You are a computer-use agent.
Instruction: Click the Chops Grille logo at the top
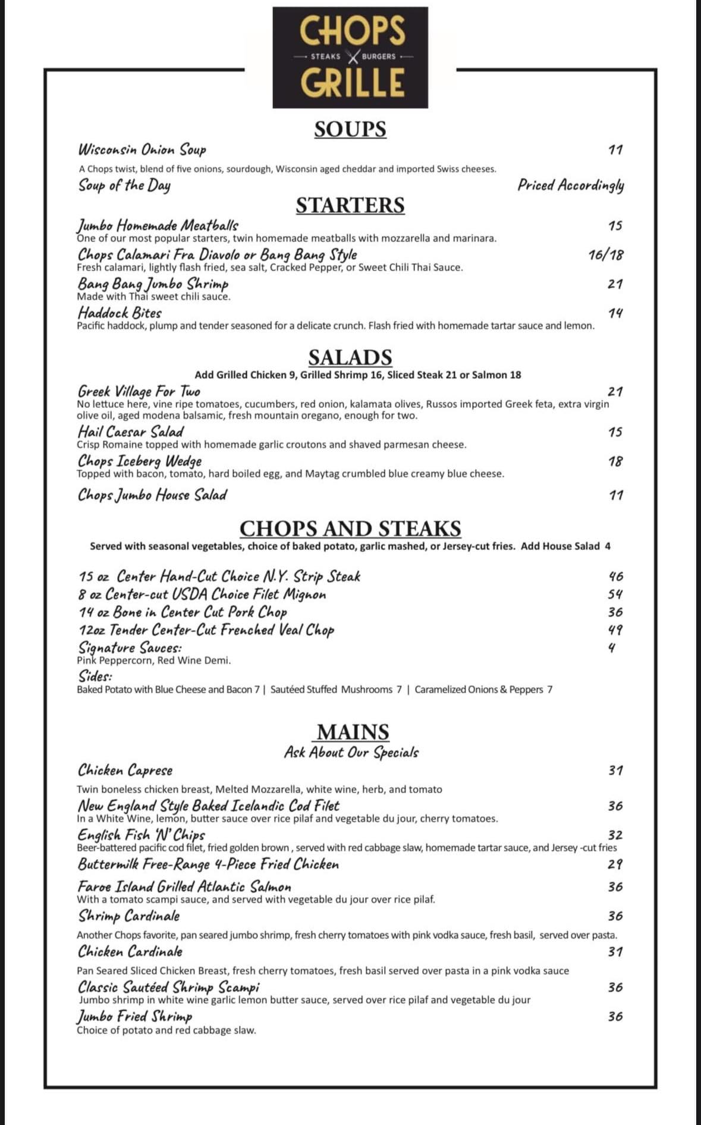(350, 57)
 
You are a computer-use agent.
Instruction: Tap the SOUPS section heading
(350, 129)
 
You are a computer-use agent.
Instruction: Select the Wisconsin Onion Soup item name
(142, 149)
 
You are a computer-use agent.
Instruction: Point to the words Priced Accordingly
(571, 185)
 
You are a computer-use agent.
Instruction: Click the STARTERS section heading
(350, 205)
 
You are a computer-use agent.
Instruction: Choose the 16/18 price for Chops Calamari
(606, 255)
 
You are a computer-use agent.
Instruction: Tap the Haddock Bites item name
(120, 313)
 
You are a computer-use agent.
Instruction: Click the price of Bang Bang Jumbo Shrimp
(615, 284)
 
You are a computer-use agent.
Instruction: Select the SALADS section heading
(350, 357)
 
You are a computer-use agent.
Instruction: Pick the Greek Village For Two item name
(139, 391)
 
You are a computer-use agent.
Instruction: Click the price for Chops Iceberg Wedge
(615, 461)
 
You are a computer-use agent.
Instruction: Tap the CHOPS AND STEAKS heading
(350, 529)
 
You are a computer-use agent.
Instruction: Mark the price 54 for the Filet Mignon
(615, 594)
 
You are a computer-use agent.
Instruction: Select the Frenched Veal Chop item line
(206, 630)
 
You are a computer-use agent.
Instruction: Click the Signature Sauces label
(130, 648)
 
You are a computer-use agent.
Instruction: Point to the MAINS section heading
(353, 731)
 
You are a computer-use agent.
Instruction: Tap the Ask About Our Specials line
(351, 753)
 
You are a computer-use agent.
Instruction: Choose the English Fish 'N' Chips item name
(142, 835)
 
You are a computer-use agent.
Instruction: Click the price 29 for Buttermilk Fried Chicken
(615, 864)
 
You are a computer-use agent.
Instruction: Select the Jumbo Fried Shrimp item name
(135, 1016)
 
